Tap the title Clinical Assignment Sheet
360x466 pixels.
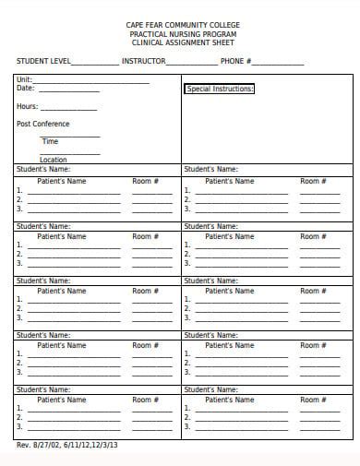[182, 42]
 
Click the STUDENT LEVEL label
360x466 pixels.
[42, 61]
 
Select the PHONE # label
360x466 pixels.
[234, 61]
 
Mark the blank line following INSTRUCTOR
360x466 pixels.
[192, 65]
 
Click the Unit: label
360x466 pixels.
[25, 79]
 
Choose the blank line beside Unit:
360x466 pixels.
[92, 83]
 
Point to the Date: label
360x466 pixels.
[26, 89]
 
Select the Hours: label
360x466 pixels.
[28, 106]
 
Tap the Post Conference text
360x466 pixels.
[43, 124]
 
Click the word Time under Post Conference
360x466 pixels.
[50, 141]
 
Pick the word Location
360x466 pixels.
[54, 160]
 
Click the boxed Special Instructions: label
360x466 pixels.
[220, 90]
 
